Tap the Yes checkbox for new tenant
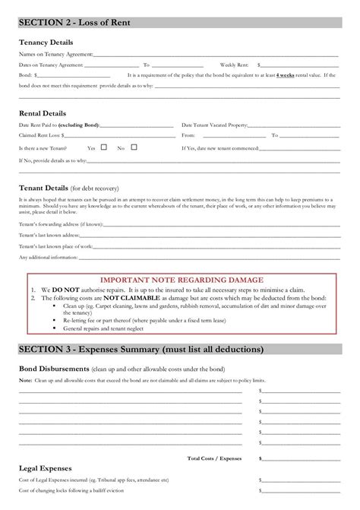point(104,147)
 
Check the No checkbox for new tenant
point(133,147)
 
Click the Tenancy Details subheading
point(46,42)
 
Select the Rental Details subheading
point(43,112)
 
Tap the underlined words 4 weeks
point(286,75)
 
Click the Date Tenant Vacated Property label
point(215,124)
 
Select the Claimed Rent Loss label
point(40,135)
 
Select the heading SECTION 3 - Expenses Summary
point(141,350)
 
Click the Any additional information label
point(48,257)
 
